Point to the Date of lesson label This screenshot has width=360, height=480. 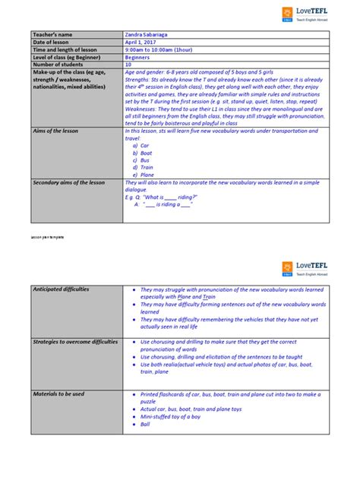tap(52, 43)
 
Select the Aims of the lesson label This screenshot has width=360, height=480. tap(55, 131)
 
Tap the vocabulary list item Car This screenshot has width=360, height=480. tap(144, 144)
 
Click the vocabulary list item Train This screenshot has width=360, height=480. tap(146, 166)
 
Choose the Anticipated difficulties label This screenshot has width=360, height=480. tap(61, 289)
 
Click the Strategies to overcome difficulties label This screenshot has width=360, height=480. tap(75, 342)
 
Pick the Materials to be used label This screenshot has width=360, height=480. tap(58, 394)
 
